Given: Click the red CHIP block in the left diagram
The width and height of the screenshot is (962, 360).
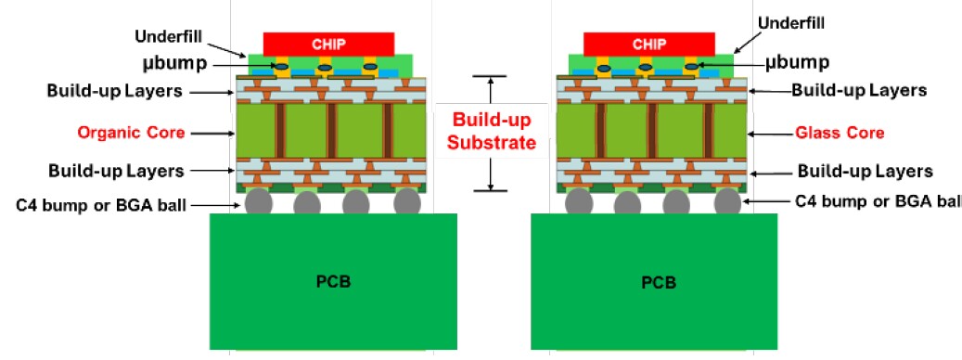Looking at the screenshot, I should click(329, 44).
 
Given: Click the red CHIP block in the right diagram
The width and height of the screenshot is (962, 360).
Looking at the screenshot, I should click(649, 44).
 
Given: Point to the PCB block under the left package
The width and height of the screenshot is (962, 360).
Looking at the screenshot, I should click(333, 281).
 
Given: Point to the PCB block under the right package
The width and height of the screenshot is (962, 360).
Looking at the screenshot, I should click(653, 281).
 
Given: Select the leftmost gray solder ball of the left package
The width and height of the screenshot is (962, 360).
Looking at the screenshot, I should click(259, 201).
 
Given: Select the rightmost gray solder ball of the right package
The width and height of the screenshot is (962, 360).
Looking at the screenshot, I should click(727, 201).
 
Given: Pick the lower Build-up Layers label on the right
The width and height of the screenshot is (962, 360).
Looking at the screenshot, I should click(865, 172).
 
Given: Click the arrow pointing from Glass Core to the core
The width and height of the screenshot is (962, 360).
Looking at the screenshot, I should click(766, 134).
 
